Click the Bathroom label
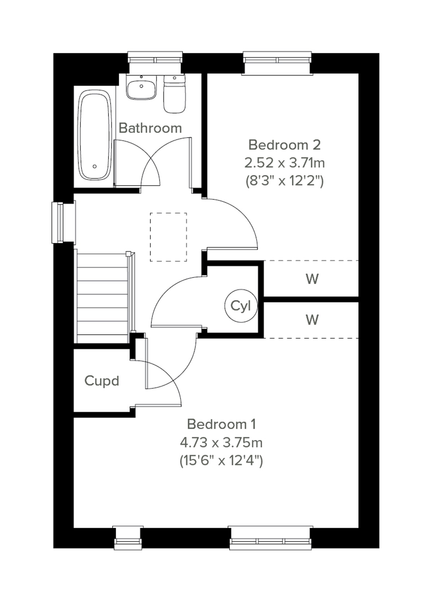[150, 128]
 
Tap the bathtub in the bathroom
[95, 135]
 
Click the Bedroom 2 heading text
[284, 145]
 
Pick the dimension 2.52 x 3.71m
[284, 163]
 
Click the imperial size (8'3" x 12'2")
[284, 180]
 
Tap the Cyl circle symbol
[241, 306]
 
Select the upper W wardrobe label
[312, 279]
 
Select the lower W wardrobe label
[312, 320]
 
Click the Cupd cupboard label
[102, 381]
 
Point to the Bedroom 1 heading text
[221, 424]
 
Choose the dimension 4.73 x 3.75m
[221, 442]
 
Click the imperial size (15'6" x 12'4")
[221, 461]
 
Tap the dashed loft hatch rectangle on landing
[169, 237]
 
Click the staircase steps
[102, 298]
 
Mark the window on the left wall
[58, 223]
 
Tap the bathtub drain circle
[95, 166]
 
